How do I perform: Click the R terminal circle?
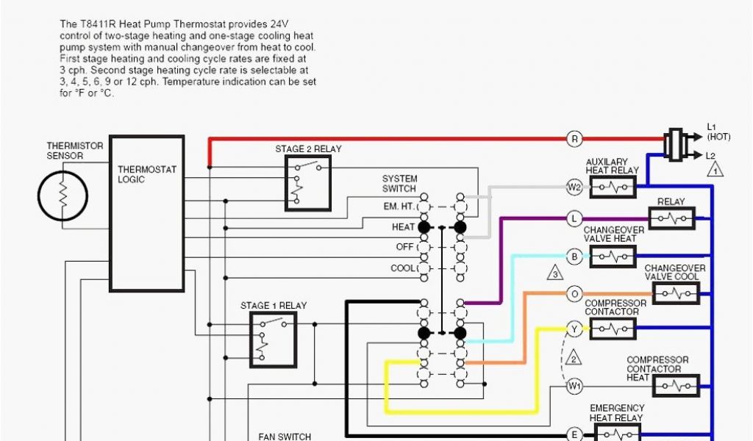click(x=575, y=138)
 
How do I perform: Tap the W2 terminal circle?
click(x=575, y=187)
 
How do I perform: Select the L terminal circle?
click(x=575, y=218)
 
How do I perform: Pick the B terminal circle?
click(x=575, y=257)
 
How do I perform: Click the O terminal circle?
click(x=575, y=294)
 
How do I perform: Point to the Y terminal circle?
click(x=575, y=329)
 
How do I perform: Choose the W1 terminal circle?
click(x=575, y=385)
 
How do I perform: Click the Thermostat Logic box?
click(x=146, y=213)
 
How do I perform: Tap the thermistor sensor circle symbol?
click(x=63, y=196)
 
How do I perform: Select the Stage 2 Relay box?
click(x=307, y=183)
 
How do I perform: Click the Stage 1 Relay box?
click(x=273, y=339)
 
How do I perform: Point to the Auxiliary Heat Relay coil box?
click(x=613, y=187)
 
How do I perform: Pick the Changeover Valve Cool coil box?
click(x=676, y=294)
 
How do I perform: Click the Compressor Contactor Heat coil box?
click(x=676, y=385)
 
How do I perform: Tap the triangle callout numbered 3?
click(x=556, y=275)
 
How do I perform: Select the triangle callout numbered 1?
click(x=713, y=170)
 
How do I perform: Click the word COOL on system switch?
click(x=403, y=268)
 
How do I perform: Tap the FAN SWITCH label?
click(x=285, y=436)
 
